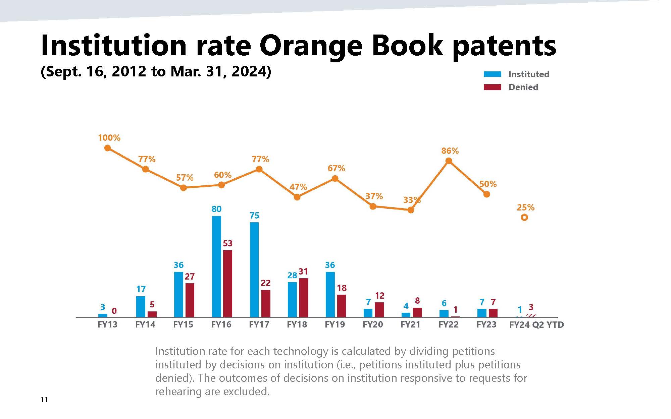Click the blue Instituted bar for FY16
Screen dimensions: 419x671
pos(216,266)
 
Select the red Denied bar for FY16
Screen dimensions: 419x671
pos(227,284)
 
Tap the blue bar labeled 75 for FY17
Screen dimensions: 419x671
pos(254,270)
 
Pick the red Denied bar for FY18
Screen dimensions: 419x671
pos(303,298)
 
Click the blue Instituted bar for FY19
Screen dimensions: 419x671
pos(330,294)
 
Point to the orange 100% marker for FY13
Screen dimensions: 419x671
pos(107,148)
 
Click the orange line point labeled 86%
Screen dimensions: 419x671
pos(449,161)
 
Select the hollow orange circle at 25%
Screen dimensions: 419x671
pos(524,218)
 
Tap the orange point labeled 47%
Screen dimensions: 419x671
pos(297,197)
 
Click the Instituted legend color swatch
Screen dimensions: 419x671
pos(492,74)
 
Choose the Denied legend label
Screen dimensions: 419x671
pos(523,87)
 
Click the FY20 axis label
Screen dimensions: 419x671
pos(373,324)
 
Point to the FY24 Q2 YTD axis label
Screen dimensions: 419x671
pos(536,325)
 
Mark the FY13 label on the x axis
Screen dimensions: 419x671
pos(107,324)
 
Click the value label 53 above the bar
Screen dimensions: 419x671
pos(227,243)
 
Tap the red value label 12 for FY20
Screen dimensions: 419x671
pos(379,296)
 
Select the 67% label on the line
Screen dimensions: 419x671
pos(336,168)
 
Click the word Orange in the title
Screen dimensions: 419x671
pos(311,46)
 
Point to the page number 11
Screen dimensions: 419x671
pos(44,400)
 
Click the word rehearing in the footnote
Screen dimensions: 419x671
pos(178,392)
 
